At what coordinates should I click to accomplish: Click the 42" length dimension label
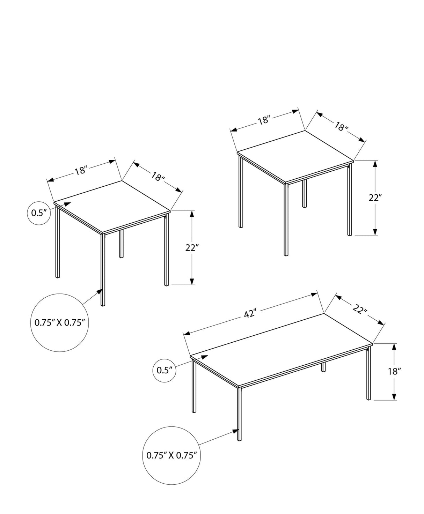(248, 314)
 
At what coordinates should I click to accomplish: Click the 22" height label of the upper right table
(375, 198)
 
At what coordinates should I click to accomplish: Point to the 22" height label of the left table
(192, 248)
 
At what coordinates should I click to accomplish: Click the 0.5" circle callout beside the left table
(37, 213)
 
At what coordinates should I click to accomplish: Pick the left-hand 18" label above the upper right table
(265, 120)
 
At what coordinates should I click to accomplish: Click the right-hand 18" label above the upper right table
(341, 126)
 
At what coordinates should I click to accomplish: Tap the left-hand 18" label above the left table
(81, 171)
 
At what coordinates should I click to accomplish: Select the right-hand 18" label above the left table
(158, 177)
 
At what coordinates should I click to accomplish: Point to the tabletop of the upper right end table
(295, 156)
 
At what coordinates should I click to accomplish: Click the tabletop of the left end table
(112, 206)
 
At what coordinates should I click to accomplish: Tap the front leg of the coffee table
(240, 414)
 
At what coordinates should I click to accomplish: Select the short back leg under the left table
(122, 244)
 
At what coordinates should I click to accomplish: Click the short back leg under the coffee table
(323, 367)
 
